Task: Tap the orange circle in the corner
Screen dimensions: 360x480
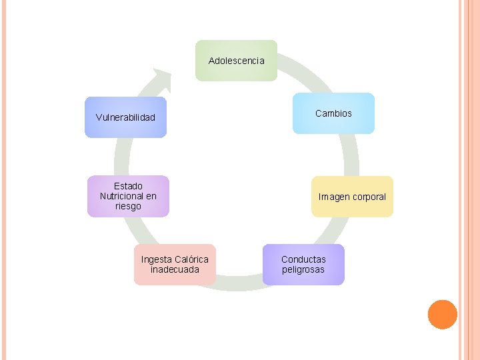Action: (x=442, y=315)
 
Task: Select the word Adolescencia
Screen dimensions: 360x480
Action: (x=236, y=61)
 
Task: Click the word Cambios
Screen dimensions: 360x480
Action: (x=333, y=113)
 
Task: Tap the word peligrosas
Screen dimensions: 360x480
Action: (x=303, y=270)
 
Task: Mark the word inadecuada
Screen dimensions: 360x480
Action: (x=175, y=269)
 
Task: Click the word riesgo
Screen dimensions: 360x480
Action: (x=128, y=207)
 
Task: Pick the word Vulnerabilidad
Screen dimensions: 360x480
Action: (x=125, y=117)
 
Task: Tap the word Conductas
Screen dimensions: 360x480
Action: (x=303, y=259)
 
